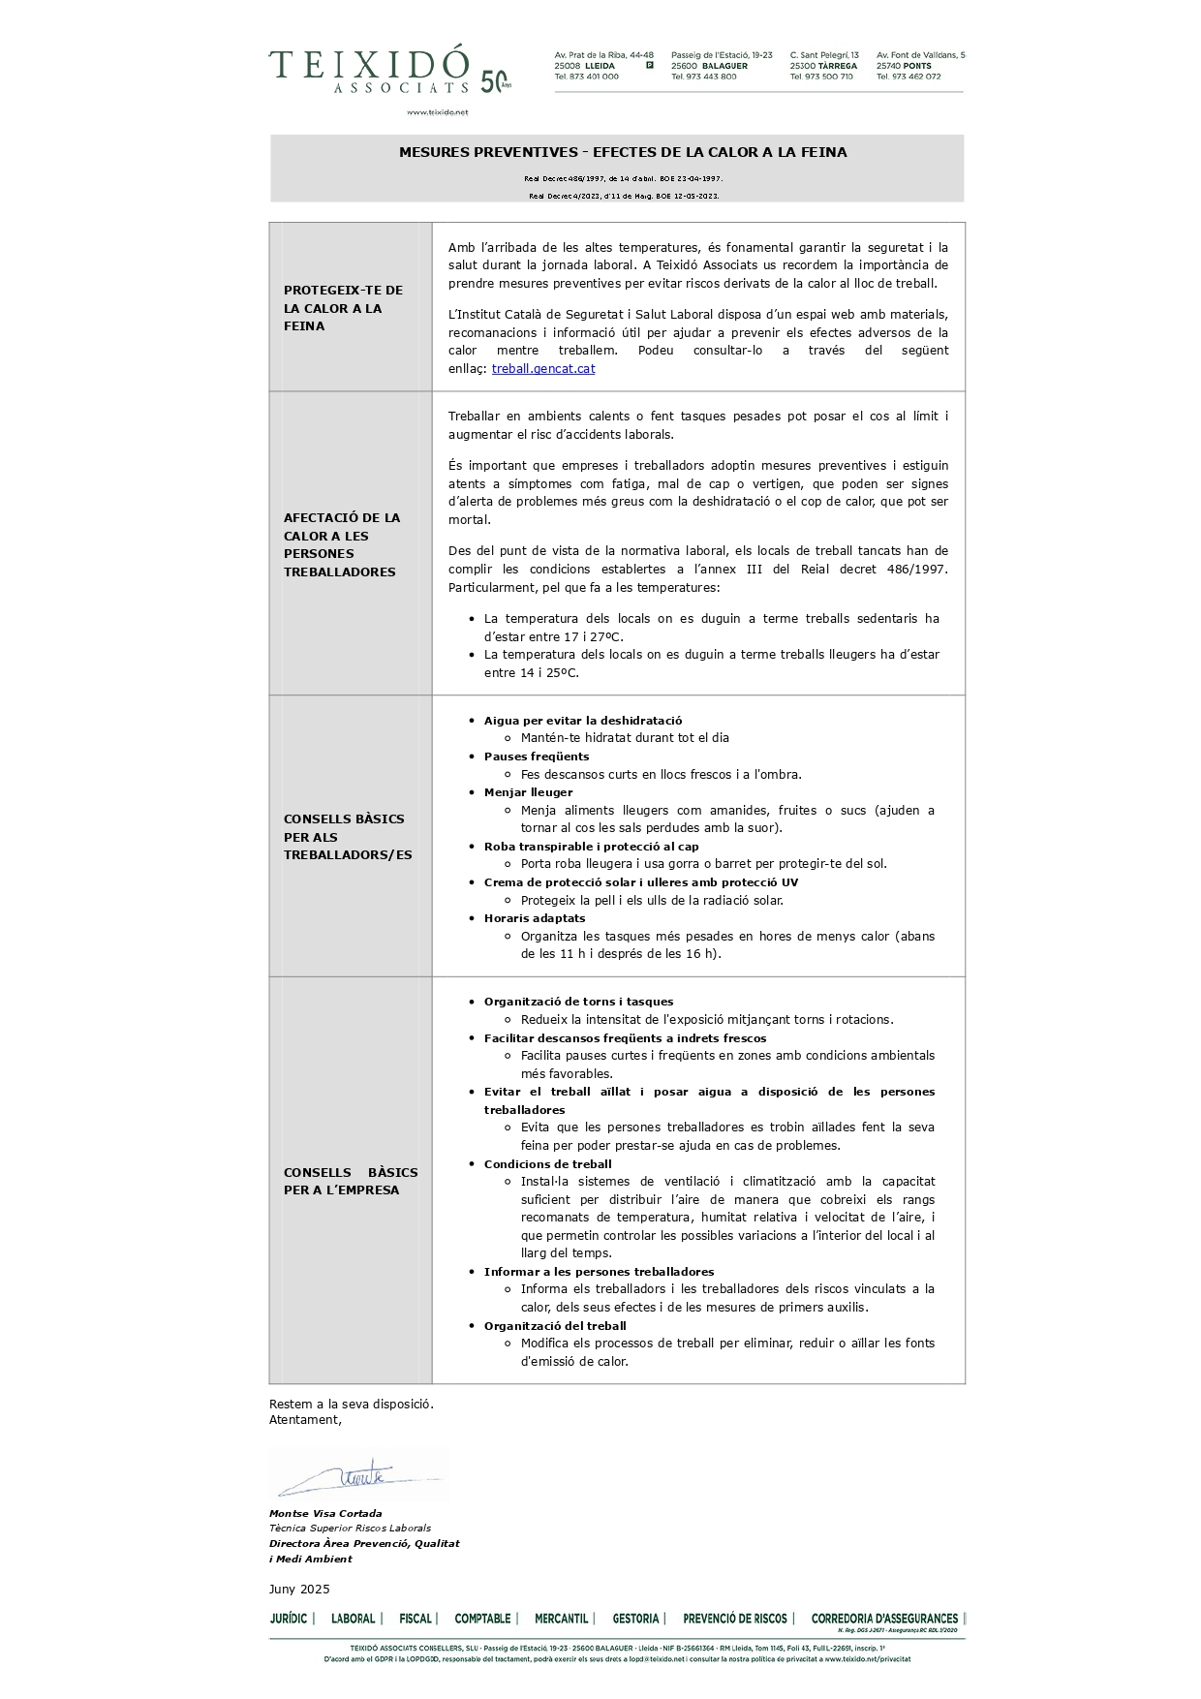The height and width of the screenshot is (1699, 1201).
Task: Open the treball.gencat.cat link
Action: [x=542, y=368]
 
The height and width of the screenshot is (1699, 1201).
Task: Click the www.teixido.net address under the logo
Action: [x=437, y=112]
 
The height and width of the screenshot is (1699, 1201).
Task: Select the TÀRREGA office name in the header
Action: [x=838, y=66]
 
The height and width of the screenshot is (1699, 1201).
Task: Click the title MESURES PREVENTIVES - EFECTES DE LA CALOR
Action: [x=623, y=152]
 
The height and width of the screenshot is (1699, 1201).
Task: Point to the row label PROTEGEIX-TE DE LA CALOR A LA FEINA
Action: [x=343, y=308]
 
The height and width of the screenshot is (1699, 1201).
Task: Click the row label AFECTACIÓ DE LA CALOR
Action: [x=342, y=544]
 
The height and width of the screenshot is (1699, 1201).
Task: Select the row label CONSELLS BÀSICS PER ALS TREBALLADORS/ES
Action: [x=347, y=837]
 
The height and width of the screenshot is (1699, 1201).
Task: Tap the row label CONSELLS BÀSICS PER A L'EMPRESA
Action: [x=351, y=1181]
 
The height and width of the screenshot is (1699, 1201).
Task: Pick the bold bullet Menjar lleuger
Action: [x=528, y=792]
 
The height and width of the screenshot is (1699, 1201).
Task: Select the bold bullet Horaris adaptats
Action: [x=535, y=918]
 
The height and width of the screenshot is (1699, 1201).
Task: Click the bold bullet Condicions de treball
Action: [x=547, y=1164]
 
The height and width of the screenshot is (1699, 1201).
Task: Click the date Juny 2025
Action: [x=299, y=1589]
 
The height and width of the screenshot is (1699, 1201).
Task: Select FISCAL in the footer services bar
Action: [x=416, y=1619]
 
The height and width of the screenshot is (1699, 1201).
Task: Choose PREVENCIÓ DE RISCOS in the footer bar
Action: [x=735, y=1619]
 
